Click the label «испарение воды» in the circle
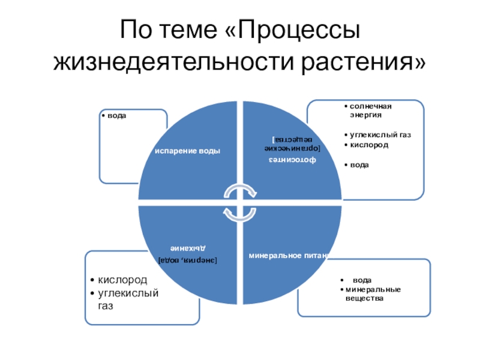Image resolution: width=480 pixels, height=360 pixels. coord(188,151)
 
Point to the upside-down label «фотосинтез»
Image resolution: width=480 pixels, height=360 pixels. coord(292,160)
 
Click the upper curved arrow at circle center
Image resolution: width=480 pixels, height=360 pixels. coord(240,191)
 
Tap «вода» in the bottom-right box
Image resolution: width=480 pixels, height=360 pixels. coord(361,280)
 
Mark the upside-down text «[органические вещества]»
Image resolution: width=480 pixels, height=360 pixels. coord(292,143)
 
